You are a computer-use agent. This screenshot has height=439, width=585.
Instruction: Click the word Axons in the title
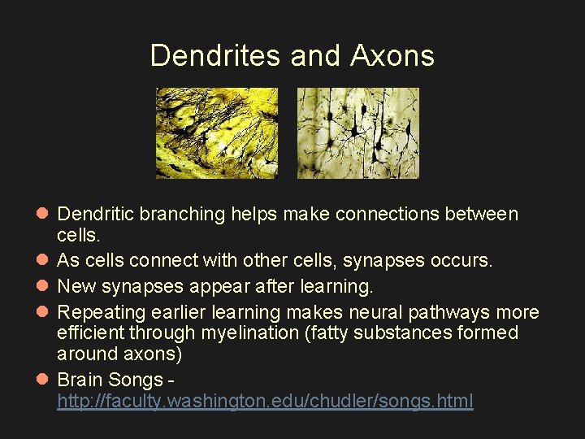click(x=392, y=55)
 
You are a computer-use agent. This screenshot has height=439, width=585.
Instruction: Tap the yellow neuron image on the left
click(x=217, y=133)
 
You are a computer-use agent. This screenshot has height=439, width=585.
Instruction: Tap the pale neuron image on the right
click(x=357, y=133)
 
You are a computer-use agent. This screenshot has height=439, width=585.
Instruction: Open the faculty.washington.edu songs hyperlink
click(x=265, y=401)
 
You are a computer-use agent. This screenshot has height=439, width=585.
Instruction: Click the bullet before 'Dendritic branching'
click(x=42, y=215)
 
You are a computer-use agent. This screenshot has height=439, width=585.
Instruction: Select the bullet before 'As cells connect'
click(x=42, y=260)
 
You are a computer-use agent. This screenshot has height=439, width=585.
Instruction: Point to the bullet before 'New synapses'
click(x=42, y=286)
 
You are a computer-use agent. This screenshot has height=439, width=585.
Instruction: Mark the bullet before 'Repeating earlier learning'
click(x=42, y=312)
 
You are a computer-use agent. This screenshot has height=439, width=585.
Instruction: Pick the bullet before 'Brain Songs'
click(x=42, y=380)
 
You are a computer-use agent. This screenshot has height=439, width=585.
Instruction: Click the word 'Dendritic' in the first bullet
click(x=96, y=215)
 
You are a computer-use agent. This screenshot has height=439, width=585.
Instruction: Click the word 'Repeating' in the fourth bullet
click(x=99, y=312)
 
